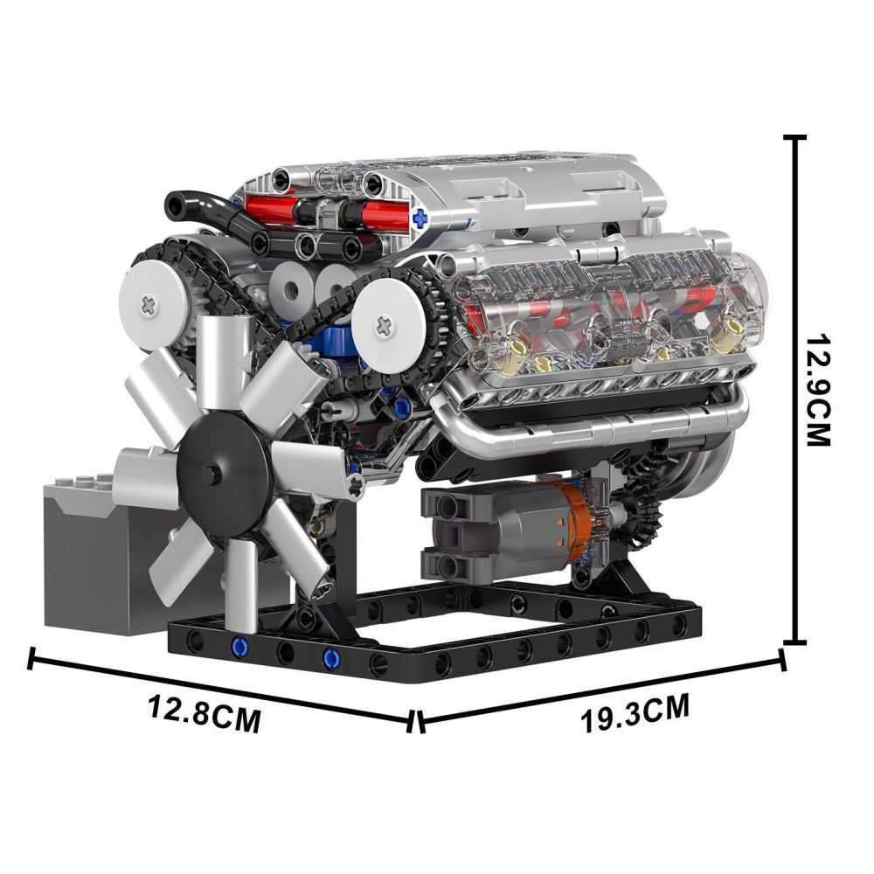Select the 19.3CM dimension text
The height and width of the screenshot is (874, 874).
(635, 711)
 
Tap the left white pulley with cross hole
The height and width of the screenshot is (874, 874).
(150, 303)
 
